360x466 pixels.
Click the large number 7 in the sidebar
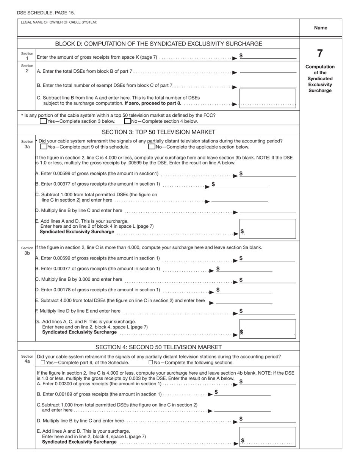click(320, 53)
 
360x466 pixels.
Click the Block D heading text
click(158, 44)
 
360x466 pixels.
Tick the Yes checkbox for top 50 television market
click(43, 121)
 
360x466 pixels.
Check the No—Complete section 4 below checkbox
click(128, 121)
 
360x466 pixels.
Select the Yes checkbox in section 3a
click(44, 147)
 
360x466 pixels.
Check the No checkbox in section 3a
click(152, 147)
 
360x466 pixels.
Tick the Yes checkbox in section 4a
click(43, 362)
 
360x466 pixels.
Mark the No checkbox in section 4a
click(151, 362)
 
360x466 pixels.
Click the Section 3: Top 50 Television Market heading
click(158, 132)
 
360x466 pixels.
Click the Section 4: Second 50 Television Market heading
click(158, 347)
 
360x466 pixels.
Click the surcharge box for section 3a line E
click(268, 229)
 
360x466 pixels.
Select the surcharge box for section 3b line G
click(268, 329)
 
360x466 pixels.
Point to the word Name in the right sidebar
click(321, 28)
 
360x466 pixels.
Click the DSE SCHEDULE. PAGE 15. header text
click(46, 13)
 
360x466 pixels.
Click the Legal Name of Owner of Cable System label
click(59, 22)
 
